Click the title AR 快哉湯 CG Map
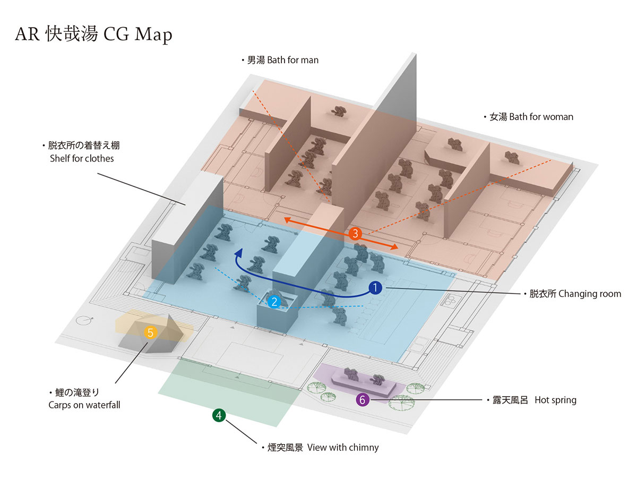pos(93,35)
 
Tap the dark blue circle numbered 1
pos(375,288)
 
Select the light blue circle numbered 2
pos(274,302)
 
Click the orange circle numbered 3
pos(356,233)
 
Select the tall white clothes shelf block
pos(186,228)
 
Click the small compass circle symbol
pos(84,321)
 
